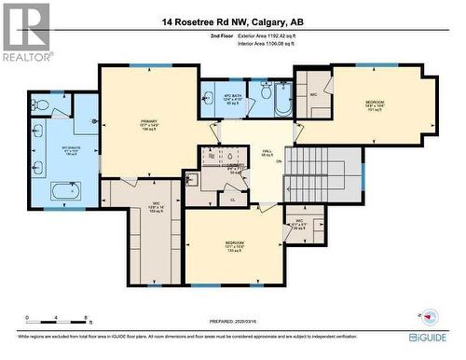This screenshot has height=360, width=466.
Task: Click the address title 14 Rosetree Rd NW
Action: coord(232,21)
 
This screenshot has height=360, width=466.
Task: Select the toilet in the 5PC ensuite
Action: coord(42,105)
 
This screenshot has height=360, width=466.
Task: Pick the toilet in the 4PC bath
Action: coord(265,93)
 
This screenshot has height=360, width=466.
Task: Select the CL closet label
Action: coord(232,198)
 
